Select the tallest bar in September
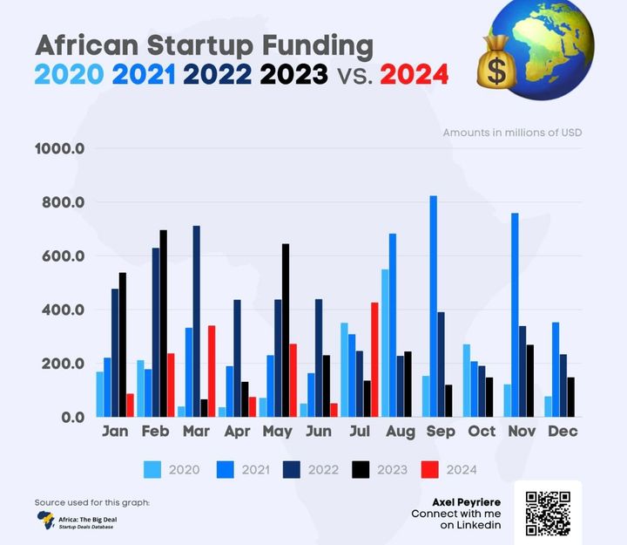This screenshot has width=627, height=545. (433, 306)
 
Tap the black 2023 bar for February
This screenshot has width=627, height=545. (163, 324)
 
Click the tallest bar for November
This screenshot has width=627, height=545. (515, 315)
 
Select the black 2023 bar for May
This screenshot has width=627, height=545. (285, 330)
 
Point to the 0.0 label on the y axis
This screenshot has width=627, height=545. (66, 417)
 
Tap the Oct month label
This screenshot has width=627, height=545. (482, 432)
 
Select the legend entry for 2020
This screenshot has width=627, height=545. (172, 470)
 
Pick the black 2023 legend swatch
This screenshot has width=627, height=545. (358, 470)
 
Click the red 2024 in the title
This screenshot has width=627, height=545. (414, 75)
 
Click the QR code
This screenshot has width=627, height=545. (548, 512)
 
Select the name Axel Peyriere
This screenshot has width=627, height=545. (467, 502)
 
